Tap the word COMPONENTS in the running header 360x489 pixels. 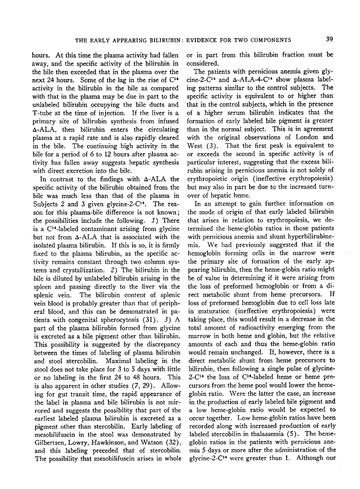pos(271,40)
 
